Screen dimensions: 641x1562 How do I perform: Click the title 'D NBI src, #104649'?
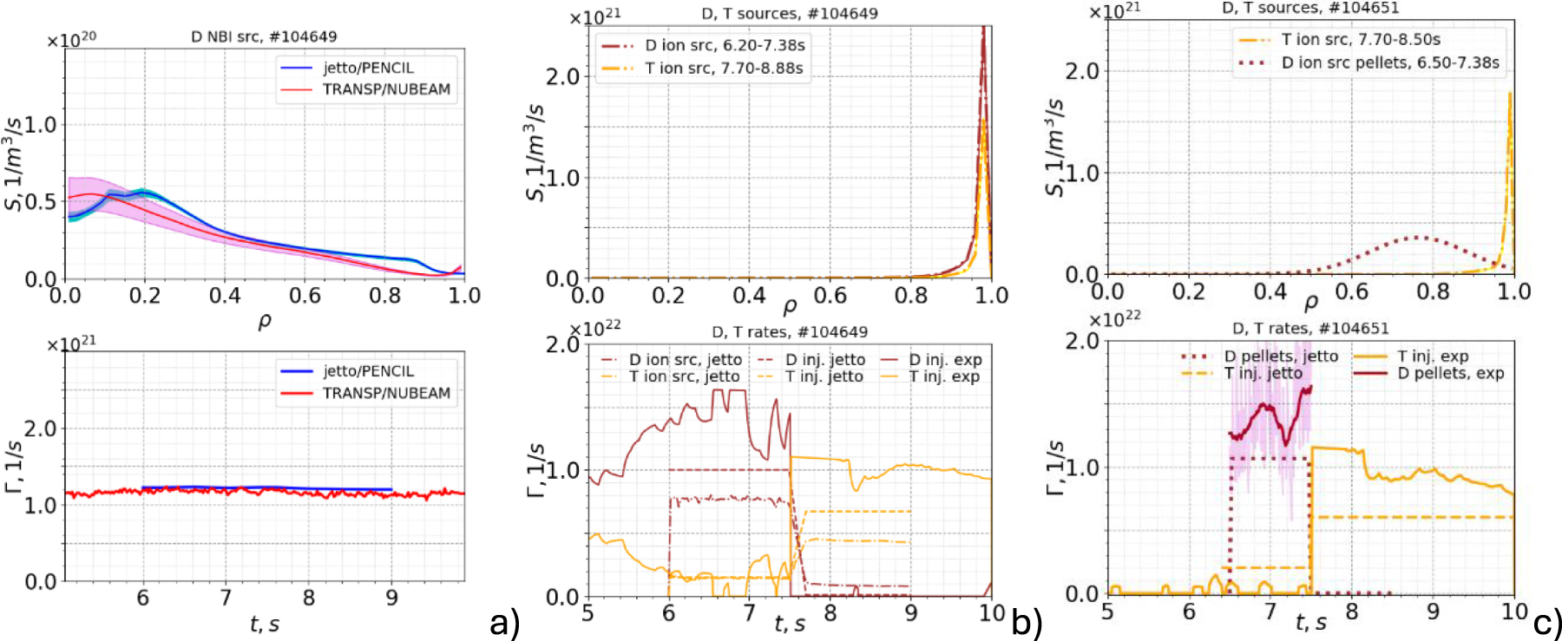click(x=264, y=36)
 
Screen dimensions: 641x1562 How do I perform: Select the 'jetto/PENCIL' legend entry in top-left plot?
click(x=368, y=68)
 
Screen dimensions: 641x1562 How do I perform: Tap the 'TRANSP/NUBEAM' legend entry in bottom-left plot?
click(x=386, y=393)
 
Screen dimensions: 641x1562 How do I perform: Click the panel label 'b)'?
click(x=1027, y=622)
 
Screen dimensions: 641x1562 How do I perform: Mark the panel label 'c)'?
click(x=1547, y=622)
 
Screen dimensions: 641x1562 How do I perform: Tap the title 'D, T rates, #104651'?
click(x=1310, y=329)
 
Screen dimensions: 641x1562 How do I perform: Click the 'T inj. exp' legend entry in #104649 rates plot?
click(x=944, y=376)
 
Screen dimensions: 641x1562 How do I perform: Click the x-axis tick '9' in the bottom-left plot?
click(x=391, y=598)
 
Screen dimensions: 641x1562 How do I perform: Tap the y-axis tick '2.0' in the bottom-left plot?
click(x=40, y=428)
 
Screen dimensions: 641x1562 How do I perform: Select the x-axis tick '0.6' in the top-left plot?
click(x=305, y=296)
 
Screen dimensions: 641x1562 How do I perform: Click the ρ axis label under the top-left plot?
click(x=265, y=321)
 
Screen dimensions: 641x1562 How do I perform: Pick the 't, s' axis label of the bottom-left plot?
click(x=264, y=623)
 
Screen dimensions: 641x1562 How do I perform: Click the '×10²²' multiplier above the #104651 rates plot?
click(x=1114, y=319)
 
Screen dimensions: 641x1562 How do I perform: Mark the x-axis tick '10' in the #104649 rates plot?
click(x=992, y=613)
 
